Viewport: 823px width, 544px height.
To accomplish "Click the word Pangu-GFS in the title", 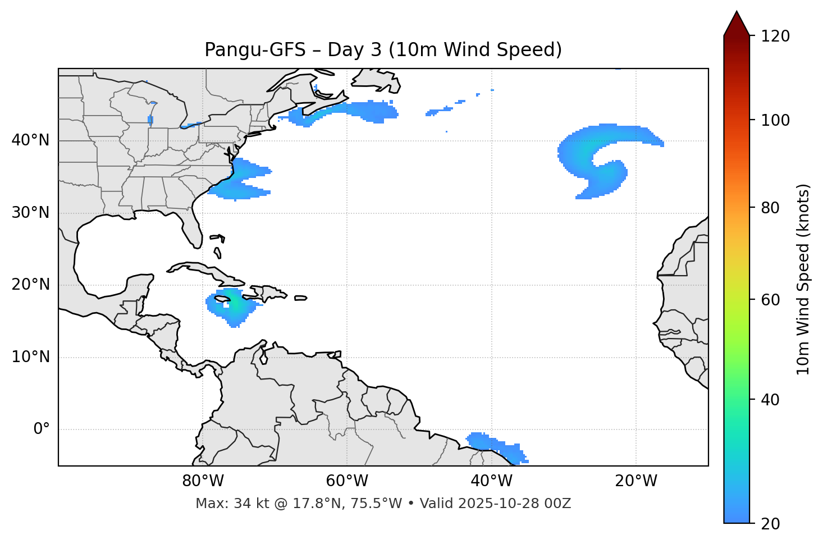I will [255, 50].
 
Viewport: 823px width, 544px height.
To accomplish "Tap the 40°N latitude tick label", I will [30, 140].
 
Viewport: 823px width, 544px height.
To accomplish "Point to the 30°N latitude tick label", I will [30, 213].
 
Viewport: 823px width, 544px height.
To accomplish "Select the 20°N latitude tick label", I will [30, 285].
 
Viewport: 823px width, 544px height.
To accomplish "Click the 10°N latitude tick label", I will [30, 357].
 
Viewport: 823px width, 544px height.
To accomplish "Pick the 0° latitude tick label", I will [42, 429].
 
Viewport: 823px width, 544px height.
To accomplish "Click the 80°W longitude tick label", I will [203, 481].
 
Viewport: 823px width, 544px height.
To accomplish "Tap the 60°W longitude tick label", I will [347, 481].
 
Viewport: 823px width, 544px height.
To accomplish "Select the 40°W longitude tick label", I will [492, 481].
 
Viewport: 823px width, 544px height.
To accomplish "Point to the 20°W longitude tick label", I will [636, 481].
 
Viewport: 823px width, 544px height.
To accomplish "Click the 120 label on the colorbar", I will [775, 36].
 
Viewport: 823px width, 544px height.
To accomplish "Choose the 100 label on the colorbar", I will [775, 120].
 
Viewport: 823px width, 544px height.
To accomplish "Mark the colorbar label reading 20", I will [771, 524].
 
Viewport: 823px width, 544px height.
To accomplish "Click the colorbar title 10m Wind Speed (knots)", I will [803, 279].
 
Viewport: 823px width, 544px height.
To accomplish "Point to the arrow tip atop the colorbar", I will [737, 12].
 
